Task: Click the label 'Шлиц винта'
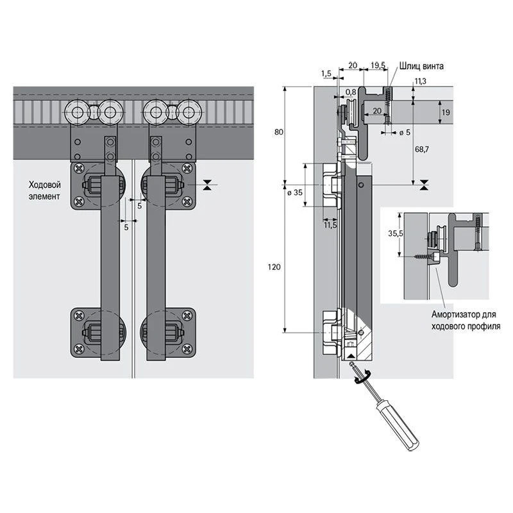421,66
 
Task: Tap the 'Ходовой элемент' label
44,190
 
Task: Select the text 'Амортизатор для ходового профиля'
466,320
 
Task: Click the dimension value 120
274,267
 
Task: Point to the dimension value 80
278,132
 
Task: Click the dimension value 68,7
422,149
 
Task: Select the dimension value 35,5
396,233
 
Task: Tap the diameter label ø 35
295,192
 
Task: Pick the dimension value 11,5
330,225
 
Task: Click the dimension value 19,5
378,65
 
